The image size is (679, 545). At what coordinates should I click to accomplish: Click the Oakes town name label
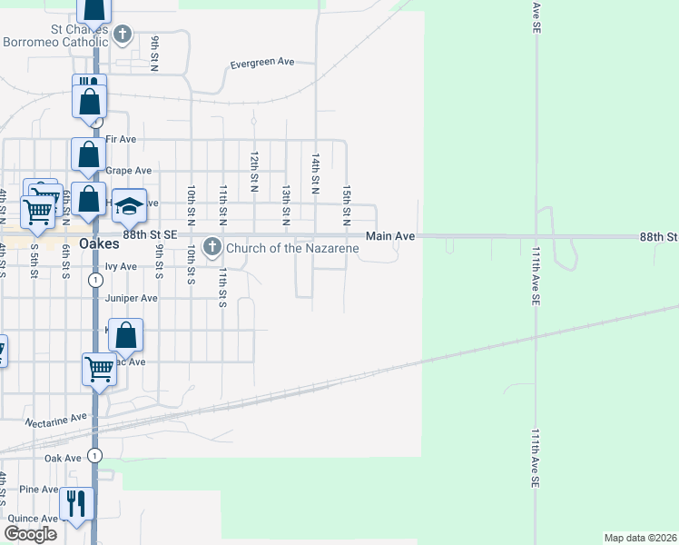pos(100,243)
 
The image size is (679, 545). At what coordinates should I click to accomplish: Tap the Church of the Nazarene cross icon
pos(212,246)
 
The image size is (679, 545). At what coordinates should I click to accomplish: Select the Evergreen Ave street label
pos(262,63)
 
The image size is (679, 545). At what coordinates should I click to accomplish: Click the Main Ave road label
pos(390,236)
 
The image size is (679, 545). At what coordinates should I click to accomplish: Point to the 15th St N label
pos(346,203)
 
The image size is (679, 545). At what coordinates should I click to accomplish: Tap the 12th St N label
pos(255,173)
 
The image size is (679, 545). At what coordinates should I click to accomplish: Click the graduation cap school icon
pos(130,205)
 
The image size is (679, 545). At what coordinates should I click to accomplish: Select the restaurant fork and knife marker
pos(76,504)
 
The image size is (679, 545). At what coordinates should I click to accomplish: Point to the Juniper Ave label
pos(132,298)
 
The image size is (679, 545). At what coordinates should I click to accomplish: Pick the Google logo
pos(31,534)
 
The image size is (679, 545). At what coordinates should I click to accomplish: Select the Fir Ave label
pos(121,139)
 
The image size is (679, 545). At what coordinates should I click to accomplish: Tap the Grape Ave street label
pos(128,171)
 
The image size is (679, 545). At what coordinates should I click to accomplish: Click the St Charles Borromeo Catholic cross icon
pos(123,35)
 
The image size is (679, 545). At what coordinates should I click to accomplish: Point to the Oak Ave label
pos(64,459)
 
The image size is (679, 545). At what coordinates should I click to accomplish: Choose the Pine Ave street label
pos(39,490)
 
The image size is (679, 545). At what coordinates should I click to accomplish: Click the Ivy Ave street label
pos(121,267)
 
